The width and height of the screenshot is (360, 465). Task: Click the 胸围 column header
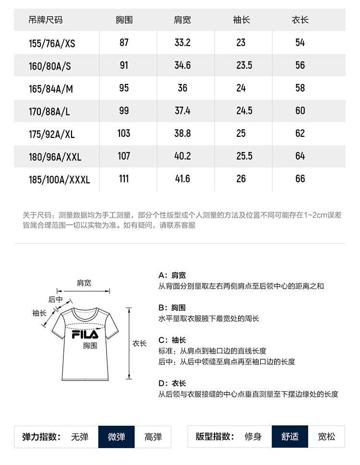pos(124,20)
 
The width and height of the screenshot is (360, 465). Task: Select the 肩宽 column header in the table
pos(182,20)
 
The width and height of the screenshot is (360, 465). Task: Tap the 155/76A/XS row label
pos(52,43)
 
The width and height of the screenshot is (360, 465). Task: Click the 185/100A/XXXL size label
pos(60,180)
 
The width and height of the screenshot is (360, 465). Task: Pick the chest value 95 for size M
pos(124,88)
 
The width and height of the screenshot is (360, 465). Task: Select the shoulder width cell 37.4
pos(182,110)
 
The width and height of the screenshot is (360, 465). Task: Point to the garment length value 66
pos(300,179)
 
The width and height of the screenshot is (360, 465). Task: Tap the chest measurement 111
pos(124,179)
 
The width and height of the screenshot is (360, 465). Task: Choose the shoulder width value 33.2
pos(182,43)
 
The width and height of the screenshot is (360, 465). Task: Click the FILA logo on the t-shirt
pos(85,334)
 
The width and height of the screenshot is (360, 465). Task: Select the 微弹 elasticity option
pos(116,437)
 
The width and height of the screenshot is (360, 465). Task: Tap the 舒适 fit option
pos(289,437)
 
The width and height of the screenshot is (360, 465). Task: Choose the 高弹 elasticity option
pos(153,437)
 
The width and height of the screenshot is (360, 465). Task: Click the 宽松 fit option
pos(327,437)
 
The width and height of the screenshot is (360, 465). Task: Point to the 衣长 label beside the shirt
pos(139,343)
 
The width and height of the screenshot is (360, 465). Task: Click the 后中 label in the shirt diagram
pos(56,299)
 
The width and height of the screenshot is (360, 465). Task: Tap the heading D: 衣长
pos(172,383)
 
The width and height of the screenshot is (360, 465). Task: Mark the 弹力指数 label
pos(41,437)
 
